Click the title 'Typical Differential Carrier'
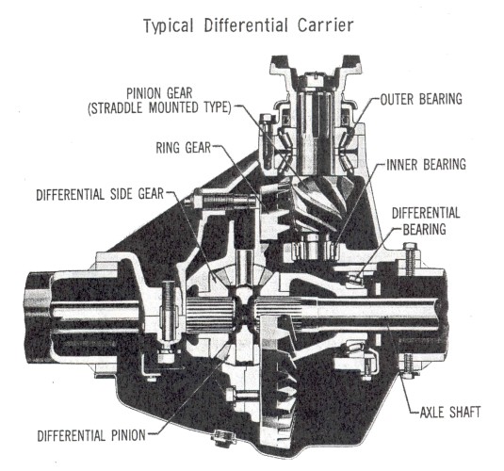pyautogui.click(x=248, y=26)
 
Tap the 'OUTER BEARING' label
pyautogui.click(x=421, y=99)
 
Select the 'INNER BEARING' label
pyautogui.click(x=426, y=164)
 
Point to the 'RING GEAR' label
pyautogui.click(x=183, y=148)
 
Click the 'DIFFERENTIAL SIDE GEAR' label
pyautogui.click(x=100, y=194)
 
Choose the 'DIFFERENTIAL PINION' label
pyautogui.click(x=91, y=435)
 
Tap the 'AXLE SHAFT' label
pyautogui.click(x=450, y=412)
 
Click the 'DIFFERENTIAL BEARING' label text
pyautogui.click(x=426, y=221)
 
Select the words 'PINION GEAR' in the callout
pyautogui.click(x=159, y=93)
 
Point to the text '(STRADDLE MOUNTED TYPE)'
pyautogui.click(x=159, y=107)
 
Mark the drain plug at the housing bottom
pyautogui.click(x=222, y=437)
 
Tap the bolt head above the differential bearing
pyautogui.click(x=410, y=247)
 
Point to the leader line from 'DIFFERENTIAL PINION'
pyautogui.click(x=189, y=396)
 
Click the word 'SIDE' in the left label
pyautogui.click(x=122, y=194)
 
